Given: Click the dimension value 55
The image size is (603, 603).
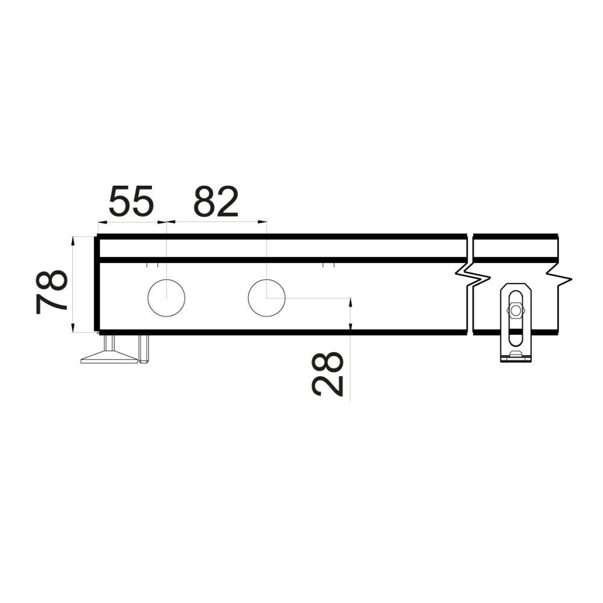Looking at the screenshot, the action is pos(131,201).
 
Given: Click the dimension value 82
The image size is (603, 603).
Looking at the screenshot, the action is pos(216,201).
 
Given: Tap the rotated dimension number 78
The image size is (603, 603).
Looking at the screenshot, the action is pos(51,292).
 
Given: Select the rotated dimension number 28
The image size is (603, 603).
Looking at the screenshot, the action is pos(327,373).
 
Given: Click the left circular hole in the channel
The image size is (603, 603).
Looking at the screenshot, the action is pos(166,298).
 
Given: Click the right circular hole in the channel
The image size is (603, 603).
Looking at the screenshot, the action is pos(267,298).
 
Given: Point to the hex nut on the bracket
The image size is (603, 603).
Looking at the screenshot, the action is pos(515,311).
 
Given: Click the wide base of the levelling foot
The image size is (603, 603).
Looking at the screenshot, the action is pos(110,359).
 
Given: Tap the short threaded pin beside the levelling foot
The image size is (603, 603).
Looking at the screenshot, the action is pos(145,349).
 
